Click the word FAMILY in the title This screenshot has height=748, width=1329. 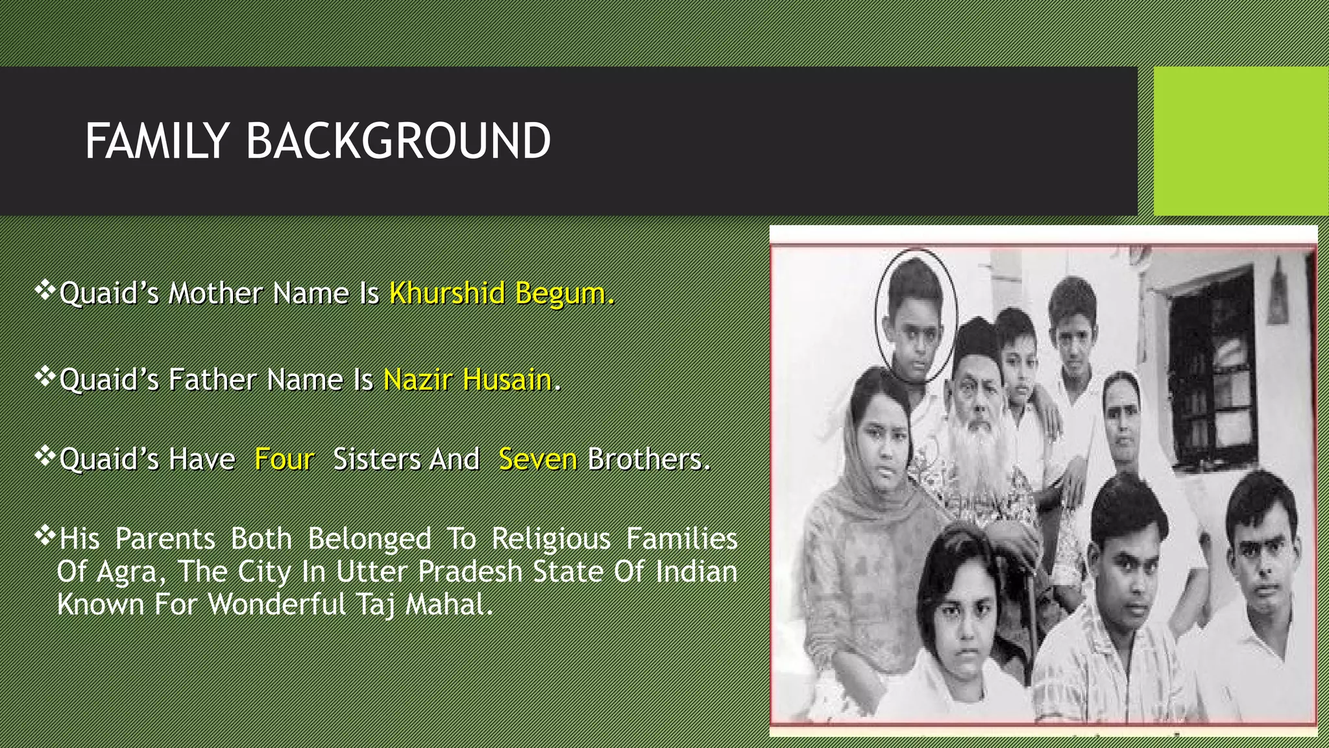click(x=156, y=141)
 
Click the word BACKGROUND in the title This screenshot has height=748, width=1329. click(x=398, y=141)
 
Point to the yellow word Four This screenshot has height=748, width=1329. click(x=284, y=459)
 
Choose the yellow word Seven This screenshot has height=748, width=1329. click(x=537, y=459)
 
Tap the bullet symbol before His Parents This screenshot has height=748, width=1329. click(x=45, y=536)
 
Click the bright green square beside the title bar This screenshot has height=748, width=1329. click(x=1241, y=141)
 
